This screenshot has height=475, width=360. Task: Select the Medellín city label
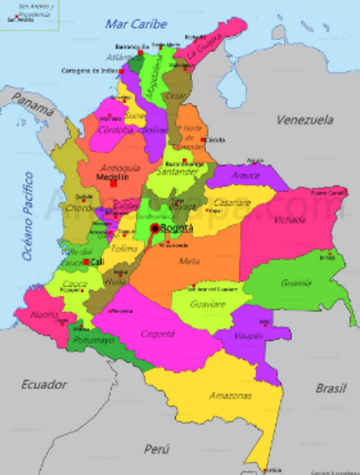112,177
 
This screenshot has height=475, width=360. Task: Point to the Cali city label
96,262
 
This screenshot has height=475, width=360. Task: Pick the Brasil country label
330,389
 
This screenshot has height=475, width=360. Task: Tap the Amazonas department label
229,395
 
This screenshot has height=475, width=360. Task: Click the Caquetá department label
158,333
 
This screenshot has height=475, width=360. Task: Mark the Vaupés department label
250,335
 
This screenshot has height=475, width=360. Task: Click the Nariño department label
44,315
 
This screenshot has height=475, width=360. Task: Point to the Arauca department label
245,176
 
